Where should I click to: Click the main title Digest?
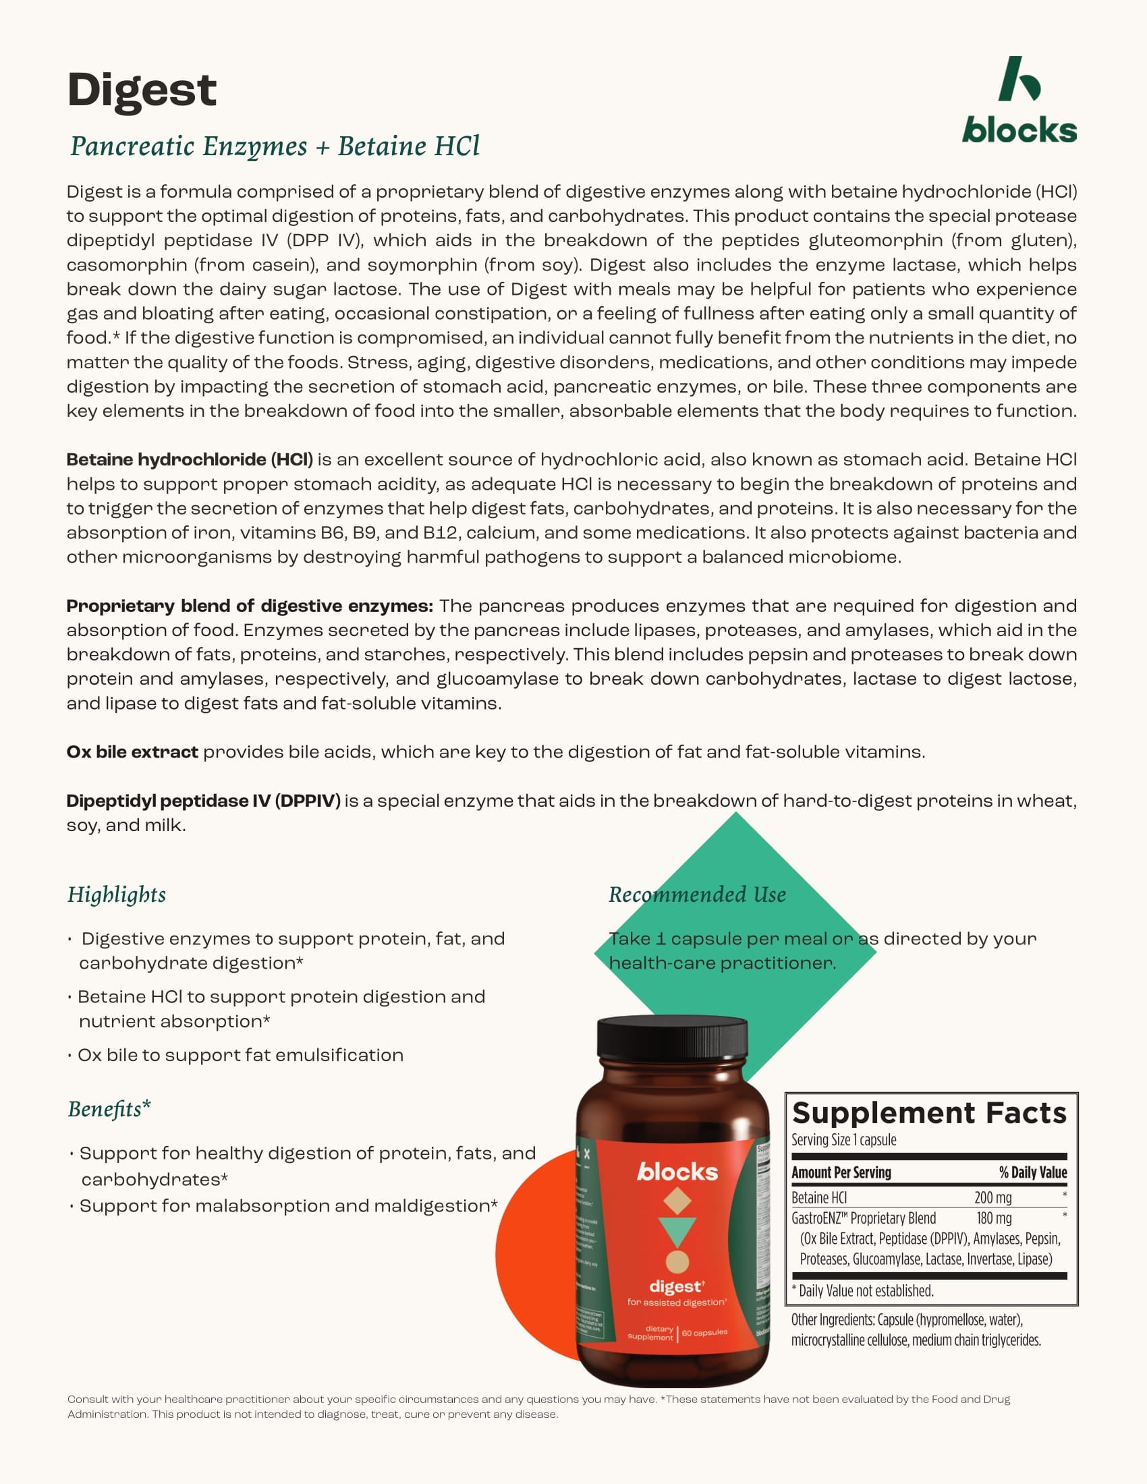coord(141,90)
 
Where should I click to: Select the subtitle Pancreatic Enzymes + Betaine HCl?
coord(275,146)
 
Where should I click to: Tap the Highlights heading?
coord(116,895)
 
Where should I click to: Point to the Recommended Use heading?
coord(697,895)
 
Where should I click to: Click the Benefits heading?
coord(109,1109)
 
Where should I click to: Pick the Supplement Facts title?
coord(929,1113)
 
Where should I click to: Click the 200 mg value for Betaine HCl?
coord(992,1197)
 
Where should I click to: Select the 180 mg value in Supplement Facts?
coord(993,1218)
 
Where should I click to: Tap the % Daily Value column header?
coord(1032,1172)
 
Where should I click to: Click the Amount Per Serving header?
coord(841,1172)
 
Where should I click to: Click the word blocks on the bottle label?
coord(677,1172)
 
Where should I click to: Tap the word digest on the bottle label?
coord(675,1286)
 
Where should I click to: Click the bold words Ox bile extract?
coord(132,752)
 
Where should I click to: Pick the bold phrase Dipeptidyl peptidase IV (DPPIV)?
coord(203,801)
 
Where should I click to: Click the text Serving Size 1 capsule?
coord(843,1139)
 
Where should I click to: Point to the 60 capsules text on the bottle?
coord(704,1332)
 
